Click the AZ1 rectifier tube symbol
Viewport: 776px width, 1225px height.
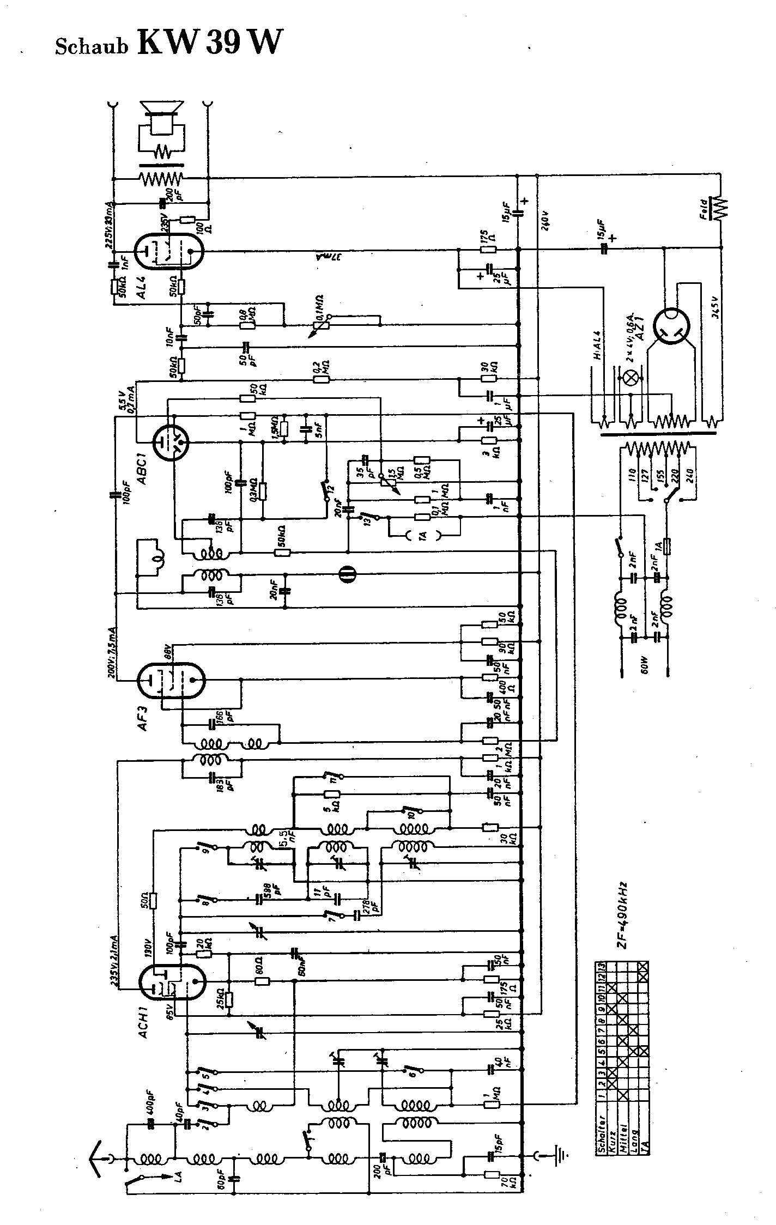pyautogui.click(x=673, y=327)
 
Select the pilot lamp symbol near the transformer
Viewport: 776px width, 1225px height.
pyautogui.click(x=634, y=376)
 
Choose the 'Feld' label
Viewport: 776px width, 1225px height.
pyautogui.click(x=705, y=208)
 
